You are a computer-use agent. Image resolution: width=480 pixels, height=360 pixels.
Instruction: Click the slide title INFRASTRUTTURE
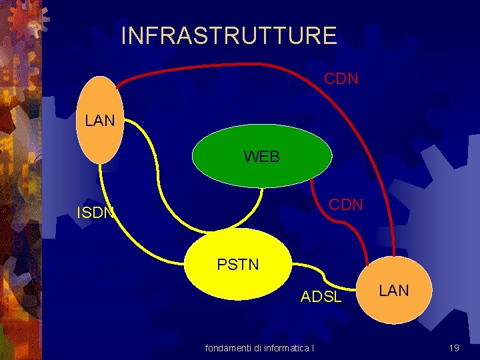(229, 35)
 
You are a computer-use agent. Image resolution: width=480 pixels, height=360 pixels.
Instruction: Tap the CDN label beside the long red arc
(341, 79)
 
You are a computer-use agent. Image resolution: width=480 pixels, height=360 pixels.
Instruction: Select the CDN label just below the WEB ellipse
(346, 205)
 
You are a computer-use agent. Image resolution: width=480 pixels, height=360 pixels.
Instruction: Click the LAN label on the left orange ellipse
(100, 121)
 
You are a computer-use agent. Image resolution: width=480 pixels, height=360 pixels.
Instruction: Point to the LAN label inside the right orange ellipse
(394, 291)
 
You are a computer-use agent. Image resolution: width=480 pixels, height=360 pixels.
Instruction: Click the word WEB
(262, 157)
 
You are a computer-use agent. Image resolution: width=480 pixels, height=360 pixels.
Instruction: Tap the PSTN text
(238, 265)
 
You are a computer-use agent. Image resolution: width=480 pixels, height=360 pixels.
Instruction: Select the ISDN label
(96, 213)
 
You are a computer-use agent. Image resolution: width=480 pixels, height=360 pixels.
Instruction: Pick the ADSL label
(321, 297)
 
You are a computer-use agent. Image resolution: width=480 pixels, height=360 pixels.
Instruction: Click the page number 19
(454, 347)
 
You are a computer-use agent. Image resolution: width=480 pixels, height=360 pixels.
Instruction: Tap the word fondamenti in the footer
(226, 347)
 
